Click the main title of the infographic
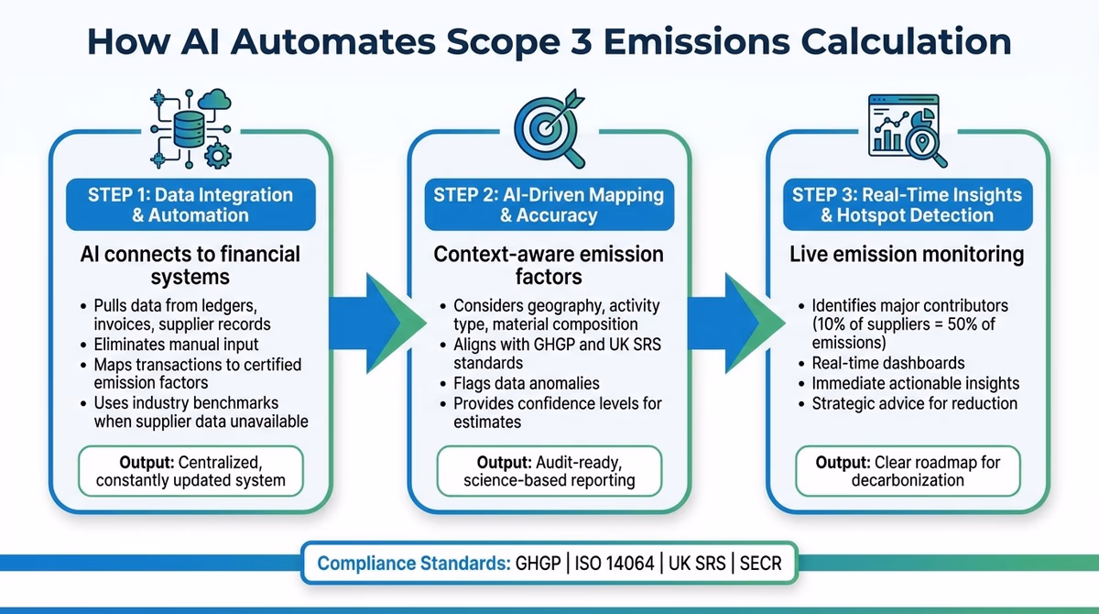(x=549, y=42)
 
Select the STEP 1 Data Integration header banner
(x=190, y=205)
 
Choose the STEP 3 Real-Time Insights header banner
(x=907, y=205)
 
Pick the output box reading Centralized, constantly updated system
(x=190, y=470)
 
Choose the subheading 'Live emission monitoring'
(x=907, y=254)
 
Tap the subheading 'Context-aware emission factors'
(x=548, y=265)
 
